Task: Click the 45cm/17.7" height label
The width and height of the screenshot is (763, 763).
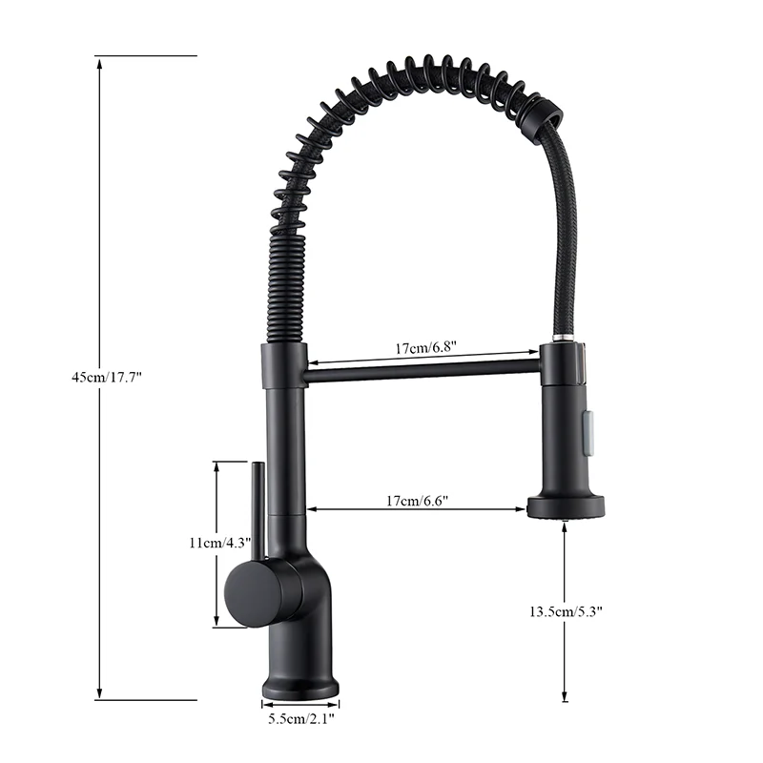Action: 107,377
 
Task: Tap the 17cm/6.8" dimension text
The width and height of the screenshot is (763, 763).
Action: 425,347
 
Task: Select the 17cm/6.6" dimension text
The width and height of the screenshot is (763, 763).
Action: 417,501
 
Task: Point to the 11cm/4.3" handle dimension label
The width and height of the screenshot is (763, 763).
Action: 220,543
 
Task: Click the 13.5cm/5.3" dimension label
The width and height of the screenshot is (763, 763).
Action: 566,611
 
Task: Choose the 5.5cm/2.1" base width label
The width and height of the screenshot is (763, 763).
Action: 301,718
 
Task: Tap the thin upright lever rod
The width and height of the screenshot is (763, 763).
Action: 258,511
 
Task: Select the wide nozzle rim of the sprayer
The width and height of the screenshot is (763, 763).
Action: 566,507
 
